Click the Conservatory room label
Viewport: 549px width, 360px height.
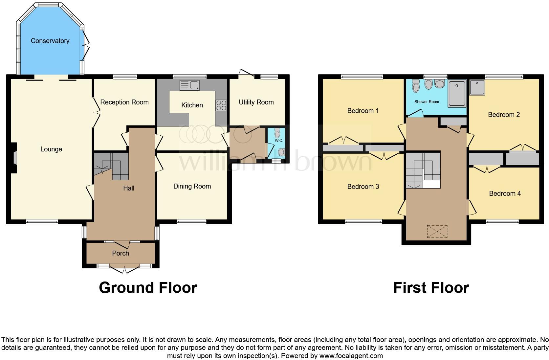pos(50,41)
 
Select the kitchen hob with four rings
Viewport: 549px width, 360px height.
pos(221,105)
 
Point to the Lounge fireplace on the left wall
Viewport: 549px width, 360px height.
pos(14,157)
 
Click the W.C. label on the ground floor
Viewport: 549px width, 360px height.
pos(279,141)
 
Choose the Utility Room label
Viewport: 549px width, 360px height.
pos(256,102)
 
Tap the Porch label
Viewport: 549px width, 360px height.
pos(121,253)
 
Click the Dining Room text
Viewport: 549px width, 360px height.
pos(192,186)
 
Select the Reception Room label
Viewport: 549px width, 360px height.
pos(124,102)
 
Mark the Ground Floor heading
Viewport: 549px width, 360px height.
pos(148,288)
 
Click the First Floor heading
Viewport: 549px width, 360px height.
pos(431,288)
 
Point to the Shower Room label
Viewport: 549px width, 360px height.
pos(427,102)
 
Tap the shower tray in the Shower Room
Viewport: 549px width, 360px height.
pos(457,94)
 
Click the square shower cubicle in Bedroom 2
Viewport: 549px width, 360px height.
pos(477,87)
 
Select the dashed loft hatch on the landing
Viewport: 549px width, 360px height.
pos(437,231)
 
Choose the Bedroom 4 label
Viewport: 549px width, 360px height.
pos(505,193)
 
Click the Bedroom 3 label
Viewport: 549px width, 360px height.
pos(363,187)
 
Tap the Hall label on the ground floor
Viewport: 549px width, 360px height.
pos(129,188)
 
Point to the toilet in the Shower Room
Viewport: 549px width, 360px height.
pos(416,86)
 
